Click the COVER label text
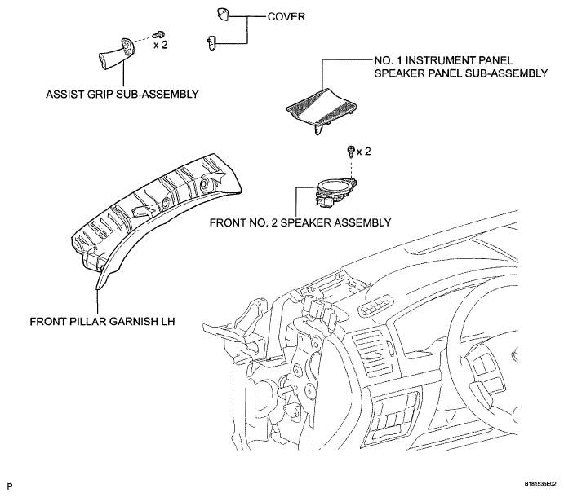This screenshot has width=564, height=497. (x=286, y=17)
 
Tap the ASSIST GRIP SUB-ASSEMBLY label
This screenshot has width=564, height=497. (x=122, y=94)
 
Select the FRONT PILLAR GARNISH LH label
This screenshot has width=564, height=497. (x=102, y=321)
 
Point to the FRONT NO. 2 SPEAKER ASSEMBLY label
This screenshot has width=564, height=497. (x=300, y=222)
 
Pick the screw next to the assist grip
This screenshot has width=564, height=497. (x=158, y=34)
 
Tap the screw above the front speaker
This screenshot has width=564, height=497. (x=351, y=152)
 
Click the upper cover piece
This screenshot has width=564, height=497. (x=223, y=15)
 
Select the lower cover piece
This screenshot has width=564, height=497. (x=211, y=42)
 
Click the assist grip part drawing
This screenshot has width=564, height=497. (x=116, y=53)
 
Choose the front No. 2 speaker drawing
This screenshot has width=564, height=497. (x=336, y=192)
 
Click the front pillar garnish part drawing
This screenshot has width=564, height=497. (x=154, y=215)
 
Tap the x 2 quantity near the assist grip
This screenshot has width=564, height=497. (x=161, y=46)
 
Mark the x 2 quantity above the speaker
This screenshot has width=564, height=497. (x=363, y=152)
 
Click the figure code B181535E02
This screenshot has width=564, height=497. (x=540, y=484)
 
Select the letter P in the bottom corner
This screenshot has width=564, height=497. (x=10, y=486)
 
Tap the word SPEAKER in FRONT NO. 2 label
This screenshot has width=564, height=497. (x=306, y=222)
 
